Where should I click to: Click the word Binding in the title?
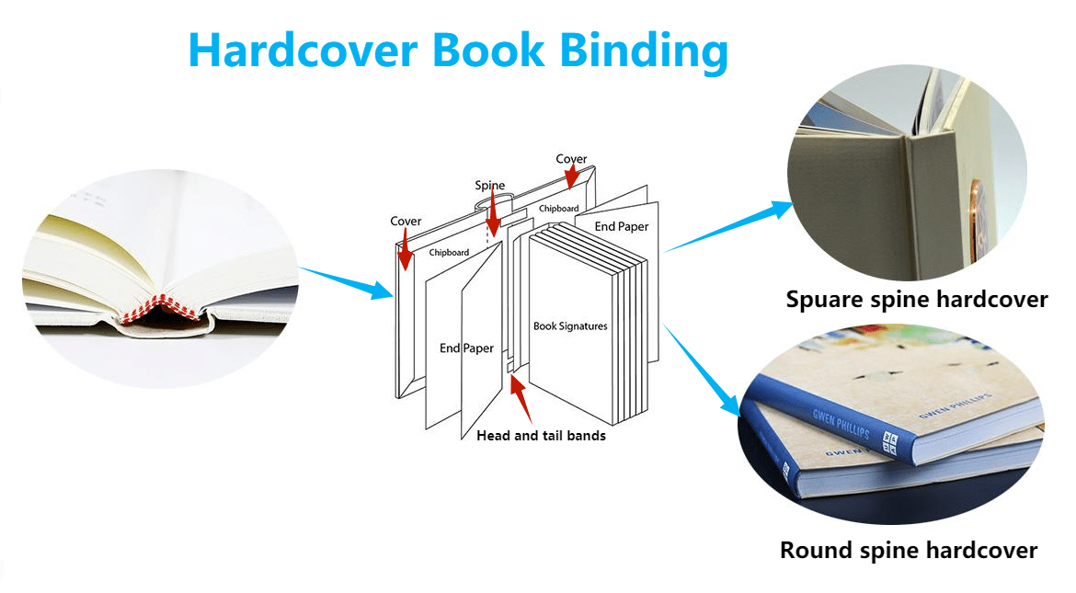pos(644,51)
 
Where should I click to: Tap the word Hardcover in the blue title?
pos(303,50)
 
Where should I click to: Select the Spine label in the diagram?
pos(490,186)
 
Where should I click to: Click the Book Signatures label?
pos(570,326)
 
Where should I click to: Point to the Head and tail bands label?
pos(542,435)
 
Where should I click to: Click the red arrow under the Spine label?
pos(493,214)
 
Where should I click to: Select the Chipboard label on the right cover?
pos(558,209)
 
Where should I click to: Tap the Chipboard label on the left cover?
pos(449,253)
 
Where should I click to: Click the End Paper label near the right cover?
pos(621,226)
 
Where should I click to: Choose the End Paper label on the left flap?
pos(466,348)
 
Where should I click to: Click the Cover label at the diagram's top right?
pos(571,159)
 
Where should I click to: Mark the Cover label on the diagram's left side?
pos(406,221)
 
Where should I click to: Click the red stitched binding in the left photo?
pos(161,308)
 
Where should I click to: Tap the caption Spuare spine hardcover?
pos(917,300)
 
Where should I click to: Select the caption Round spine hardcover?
pos(909,551)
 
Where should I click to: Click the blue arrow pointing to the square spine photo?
pos(729,226)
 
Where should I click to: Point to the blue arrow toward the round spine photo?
pos(702,370)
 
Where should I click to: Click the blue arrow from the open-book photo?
pos(347,283)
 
